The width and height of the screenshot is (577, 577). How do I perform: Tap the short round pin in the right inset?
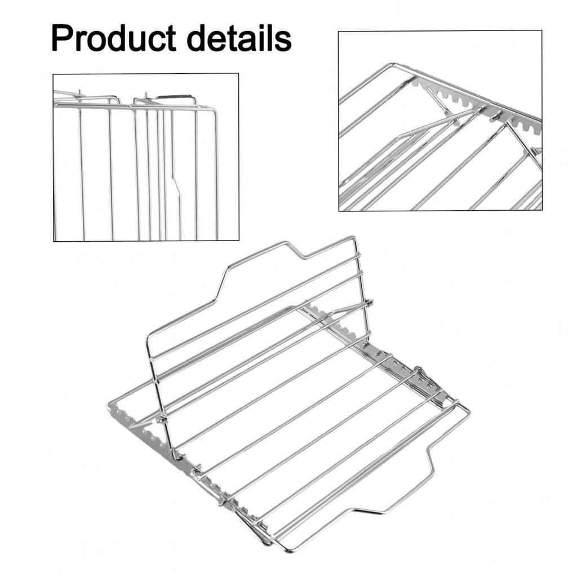(496, 116)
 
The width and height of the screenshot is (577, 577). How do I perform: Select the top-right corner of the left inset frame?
(238, 74)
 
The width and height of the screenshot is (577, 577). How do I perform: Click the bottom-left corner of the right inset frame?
(339, 211)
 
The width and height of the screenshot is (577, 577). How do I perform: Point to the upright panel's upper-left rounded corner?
(149, 338)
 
